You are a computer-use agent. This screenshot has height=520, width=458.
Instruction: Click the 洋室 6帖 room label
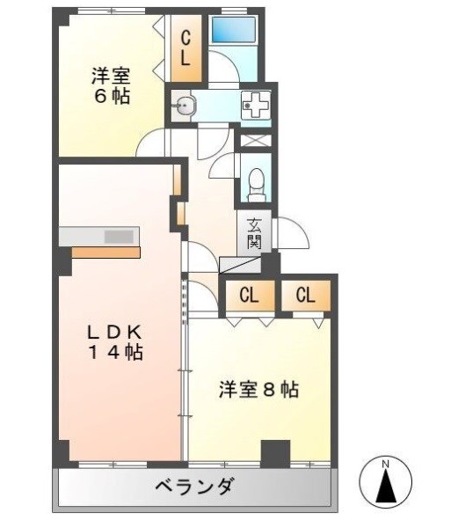(111, 85)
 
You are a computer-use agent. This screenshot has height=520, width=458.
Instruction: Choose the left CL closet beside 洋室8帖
(249, 296)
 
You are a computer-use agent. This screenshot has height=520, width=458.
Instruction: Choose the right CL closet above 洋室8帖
(305, 296)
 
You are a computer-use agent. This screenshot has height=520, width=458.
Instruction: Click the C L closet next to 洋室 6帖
(186, 49)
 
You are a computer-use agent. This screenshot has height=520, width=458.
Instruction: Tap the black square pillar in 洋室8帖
(275, 451)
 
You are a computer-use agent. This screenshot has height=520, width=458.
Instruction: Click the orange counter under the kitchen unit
(105, 252)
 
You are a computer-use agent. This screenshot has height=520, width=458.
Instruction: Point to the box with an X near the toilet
(255, 140)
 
